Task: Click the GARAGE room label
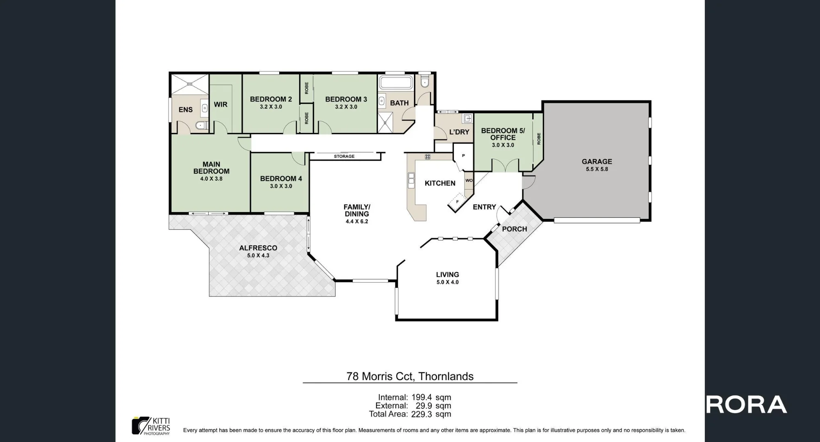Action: click(597, 162)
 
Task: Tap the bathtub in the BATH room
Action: click(395, 82)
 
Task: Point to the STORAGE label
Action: click(344, 156)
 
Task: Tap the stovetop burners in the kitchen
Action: click(428, 157)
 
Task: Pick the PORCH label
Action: click(515, 229)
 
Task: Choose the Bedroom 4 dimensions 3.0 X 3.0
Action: click(281, 186)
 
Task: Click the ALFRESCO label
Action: click(258, 248)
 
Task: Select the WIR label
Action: click(221, 105)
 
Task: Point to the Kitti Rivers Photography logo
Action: click(151, 426)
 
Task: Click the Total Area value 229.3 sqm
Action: click(431, 414)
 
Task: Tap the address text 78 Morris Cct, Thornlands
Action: click(410, 376)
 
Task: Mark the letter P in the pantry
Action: click(463, 156)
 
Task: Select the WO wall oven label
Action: click(469, 180)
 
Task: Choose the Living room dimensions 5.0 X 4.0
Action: click(447, 282)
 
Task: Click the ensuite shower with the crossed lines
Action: click(189, 84)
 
